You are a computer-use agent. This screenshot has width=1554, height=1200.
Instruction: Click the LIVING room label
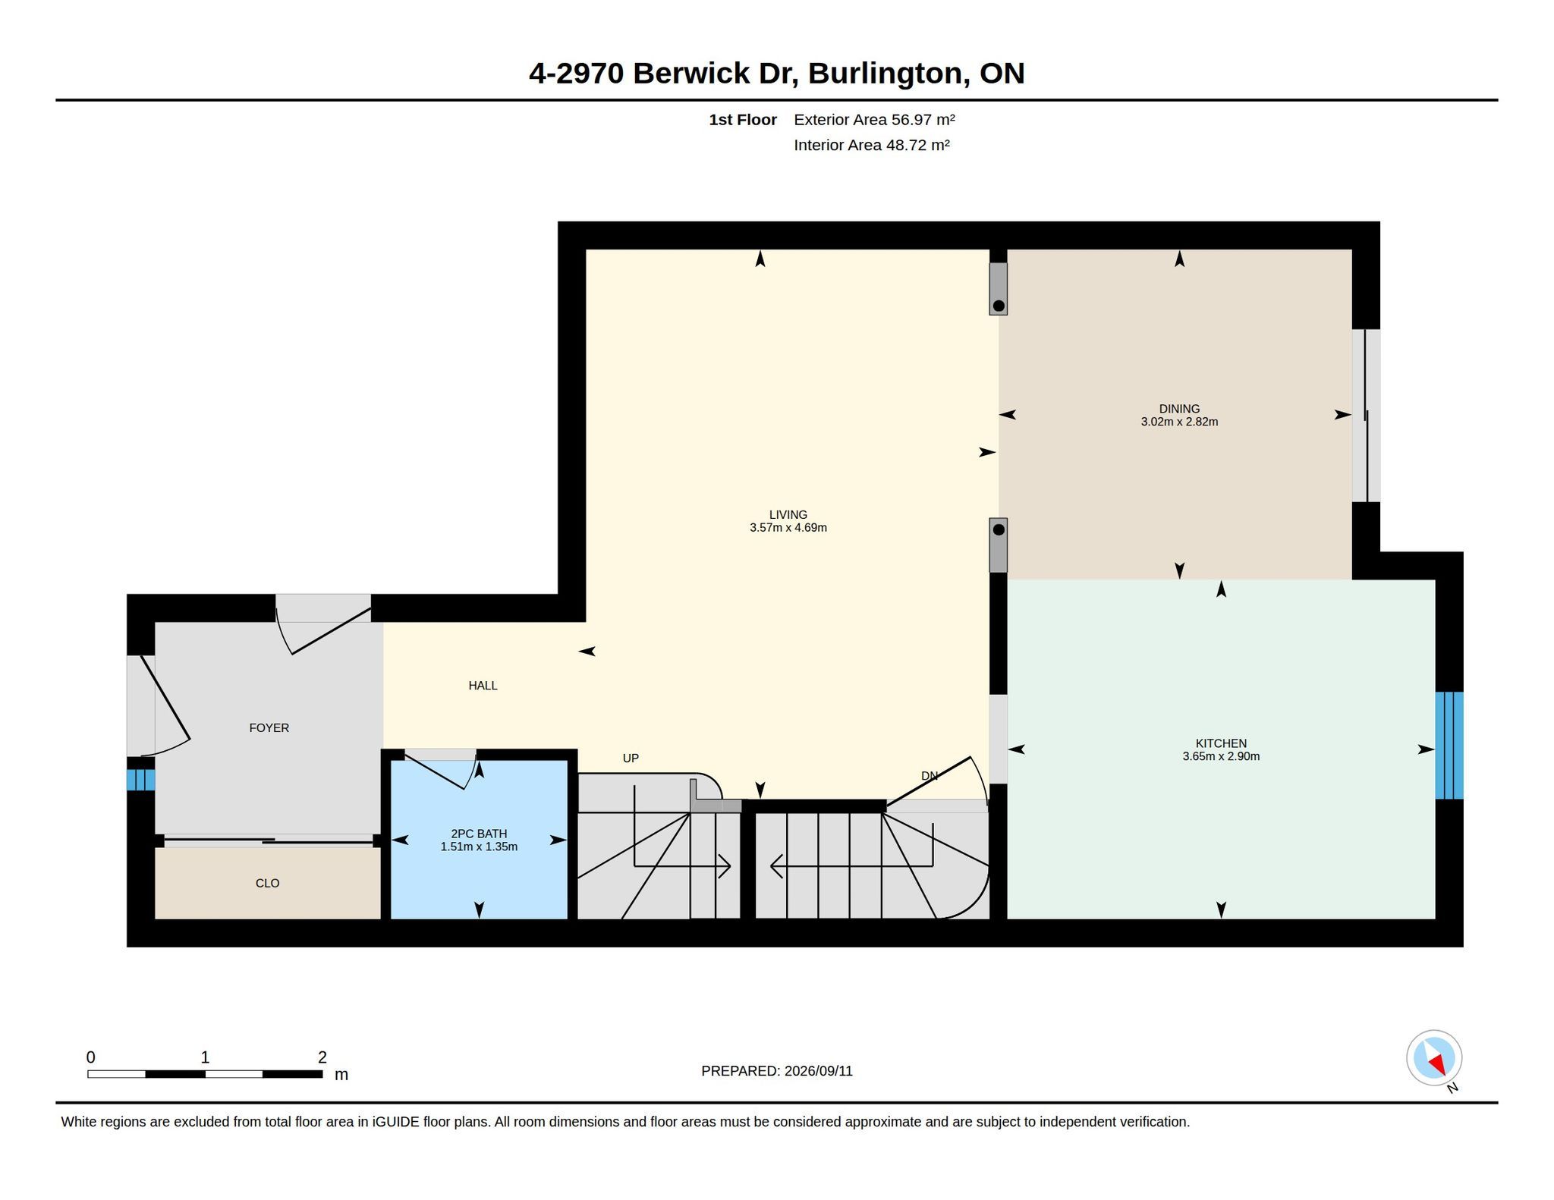click(788, 514)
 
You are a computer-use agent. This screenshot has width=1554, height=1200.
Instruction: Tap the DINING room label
click(1179, 409)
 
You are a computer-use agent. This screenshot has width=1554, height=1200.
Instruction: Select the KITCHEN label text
click(1221, 743)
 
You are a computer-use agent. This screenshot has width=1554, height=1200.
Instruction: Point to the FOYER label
click(269, 727)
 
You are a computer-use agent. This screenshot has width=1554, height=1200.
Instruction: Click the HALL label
click(483, 686)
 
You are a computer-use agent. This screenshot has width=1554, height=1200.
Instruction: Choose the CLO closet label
click(267, 883)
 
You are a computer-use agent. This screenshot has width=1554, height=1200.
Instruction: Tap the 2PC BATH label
click(479, 834)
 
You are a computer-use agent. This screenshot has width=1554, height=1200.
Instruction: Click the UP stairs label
click(631, 758)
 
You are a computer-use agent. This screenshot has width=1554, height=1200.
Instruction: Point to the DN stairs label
click(929, 775)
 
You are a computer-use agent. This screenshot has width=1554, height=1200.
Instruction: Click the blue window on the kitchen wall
click(1449, 745)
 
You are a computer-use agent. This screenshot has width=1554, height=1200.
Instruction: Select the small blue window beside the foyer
click(140, 780)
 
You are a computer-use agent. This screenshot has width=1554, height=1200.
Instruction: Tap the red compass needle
click(1436, 1063)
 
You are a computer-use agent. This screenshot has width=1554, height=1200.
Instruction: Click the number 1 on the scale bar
click(205, 1057)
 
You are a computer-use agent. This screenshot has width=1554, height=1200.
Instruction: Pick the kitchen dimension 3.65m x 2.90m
click(1221, 756)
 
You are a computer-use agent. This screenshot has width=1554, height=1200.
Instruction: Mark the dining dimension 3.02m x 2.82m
click(1179, 422)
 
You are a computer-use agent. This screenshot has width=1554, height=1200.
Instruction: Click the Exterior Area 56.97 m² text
click(874, 119)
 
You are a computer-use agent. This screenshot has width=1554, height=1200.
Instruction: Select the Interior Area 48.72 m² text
click(872, 145)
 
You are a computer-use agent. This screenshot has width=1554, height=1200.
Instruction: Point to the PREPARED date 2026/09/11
click(819, 1071)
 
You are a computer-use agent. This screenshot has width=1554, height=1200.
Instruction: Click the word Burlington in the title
click(885, 74)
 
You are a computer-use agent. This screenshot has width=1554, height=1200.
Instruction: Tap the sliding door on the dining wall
click(1366, 416)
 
